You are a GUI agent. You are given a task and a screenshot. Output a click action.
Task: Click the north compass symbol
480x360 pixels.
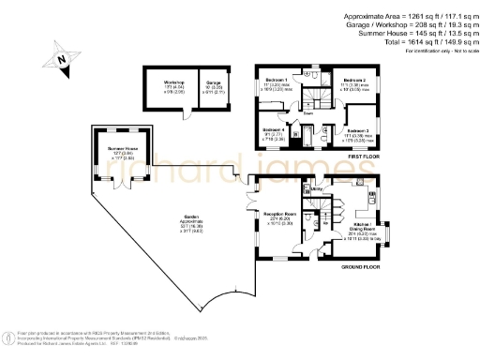pos(61,58)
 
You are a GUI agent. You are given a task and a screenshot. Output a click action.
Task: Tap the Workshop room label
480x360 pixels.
pos(174,82)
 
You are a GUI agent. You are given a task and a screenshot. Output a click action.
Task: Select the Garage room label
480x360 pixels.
pos(214,82)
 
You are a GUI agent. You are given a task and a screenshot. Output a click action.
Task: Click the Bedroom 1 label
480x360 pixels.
pos(276,80)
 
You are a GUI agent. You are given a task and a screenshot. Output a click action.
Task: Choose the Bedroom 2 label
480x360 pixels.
pos(353,81)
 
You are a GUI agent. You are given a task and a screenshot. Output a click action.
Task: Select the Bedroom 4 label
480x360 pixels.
pos(274,128)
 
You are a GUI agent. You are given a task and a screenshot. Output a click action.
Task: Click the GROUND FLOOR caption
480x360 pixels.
pos(360,266)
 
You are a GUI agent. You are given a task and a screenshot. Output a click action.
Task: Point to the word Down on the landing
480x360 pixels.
pos(307,112)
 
